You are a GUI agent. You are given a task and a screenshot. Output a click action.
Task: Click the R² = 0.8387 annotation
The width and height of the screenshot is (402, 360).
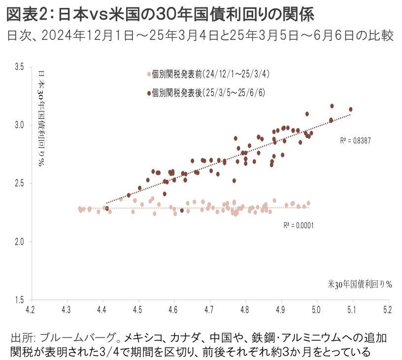pyautogui.click(x=355, y=141)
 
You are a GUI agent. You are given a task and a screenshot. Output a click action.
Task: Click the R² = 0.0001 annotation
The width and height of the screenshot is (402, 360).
pyautogui.click(x=299, y=225)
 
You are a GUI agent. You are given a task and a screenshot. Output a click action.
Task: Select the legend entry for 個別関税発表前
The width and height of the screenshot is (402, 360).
pyautogui.click(x=211, y=74)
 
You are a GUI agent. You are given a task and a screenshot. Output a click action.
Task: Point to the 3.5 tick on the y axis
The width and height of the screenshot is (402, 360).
pyautogui.click(x=19, y=67)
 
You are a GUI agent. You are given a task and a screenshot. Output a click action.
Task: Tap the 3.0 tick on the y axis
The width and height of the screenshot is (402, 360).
pyautogui.click(x=19, y=125)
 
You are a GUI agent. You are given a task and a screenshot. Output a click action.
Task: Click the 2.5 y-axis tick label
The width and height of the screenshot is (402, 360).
pyautogui.click(x=19, y=183)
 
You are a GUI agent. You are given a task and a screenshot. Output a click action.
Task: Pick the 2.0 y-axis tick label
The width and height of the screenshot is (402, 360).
pyautogui.click(x=19, y=241)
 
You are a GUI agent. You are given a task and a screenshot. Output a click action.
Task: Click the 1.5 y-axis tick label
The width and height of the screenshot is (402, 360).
pyautogui.click(x=19, y=299)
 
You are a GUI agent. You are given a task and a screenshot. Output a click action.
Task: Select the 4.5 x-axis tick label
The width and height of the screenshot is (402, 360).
pyautogui.click(x=138, y=310)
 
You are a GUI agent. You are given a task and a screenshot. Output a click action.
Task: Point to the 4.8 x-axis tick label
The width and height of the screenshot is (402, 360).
pyautogui.click(x=246, y=310)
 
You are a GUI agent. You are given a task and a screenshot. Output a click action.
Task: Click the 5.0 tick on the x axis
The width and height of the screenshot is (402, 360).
pyautogui.click(x=317, y=310)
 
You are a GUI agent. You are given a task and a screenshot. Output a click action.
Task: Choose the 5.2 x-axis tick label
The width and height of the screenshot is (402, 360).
pyautogui.click(x=388, y=310)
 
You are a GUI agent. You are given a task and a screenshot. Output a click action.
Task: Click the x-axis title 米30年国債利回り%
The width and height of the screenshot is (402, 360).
pyautogui.click(x=360, y=284)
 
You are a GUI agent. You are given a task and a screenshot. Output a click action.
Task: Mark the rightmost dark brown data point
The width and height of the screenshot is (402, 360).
pyautogui.click(x=351, y=109)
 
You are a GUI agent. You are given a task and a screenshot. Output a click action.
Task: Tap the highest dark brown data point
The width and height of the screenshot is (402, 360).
pyautogui.click(x=332, y=106)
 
